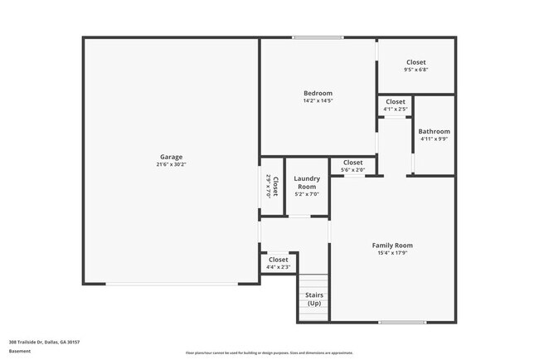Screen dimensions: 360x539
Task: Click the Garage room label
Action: click(172, 157)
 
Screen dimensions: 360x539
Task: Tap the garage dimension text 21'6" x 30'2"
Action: click(172, 164)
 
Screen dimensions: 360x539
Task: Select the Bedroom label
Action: click(318, 93)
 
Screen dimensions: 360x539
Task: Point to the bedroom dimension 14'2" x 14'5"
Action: click(318, 100)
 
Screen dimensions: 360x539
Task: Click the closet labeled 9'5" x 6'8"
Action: click(416, 66)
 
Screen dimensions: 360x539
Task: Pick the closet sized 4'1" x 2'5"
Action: click(396, 105)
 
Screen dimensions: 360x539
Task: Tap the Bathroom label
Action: click(434, 131)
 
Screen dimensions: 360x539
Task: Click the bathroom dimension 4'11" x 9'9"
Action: click(434, 139)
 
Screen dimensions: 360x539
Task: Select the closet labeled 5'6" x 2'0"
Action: click(352, 166)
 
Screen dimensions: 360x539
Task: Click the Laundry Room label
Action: click(307, 182)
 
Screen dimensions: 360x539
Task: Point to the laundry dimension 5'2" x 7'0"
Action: click(307, 193)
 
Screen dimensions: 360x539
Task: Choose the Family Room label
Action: click(393, 246)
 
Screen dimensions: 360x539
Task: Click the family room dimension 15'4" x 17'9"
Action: click(393, 253)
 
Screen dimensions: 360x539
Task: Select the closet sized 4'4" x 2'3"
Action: click(279, 263)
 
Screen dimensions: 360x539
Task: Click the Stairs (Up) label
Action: click(314, 299)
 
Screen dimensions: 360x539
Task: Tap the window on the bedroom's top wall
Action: click(318, 37)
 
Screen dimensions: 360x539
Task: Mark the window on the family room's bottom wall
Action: click(402, 322)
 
